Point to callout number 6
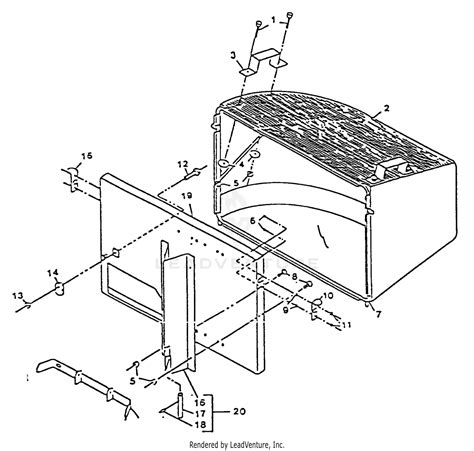(253, 220)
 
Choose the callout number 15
(87, 156)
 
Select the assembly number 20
(238, 411)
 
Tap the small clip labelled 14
(58, 289)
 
